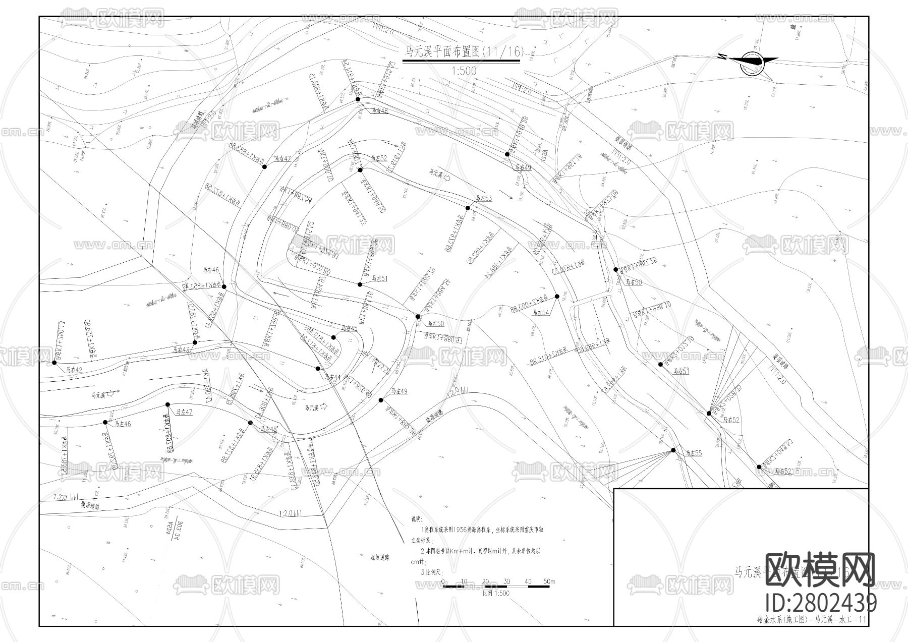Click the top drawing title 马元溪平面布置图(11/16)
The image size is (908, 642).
pyautogui.click(x=461, y=51)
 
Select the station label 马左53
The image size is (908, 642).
pyautogui.click(x=482, y=198)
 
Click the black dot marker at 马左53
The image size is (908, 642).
pyautogui.click(x=468, y=208)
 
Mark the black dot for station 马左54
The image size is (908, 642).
pyautogui.click(x=557, y=297)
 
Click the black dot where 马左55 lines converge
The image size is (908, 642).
pyautogui.click(x=673, y=450)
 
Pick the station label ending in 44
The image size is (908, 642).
pyautogui.click(x=333, y=377)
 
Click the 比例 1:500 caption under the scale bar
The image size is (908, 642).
pyautogui.click(x=496, y=593)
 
